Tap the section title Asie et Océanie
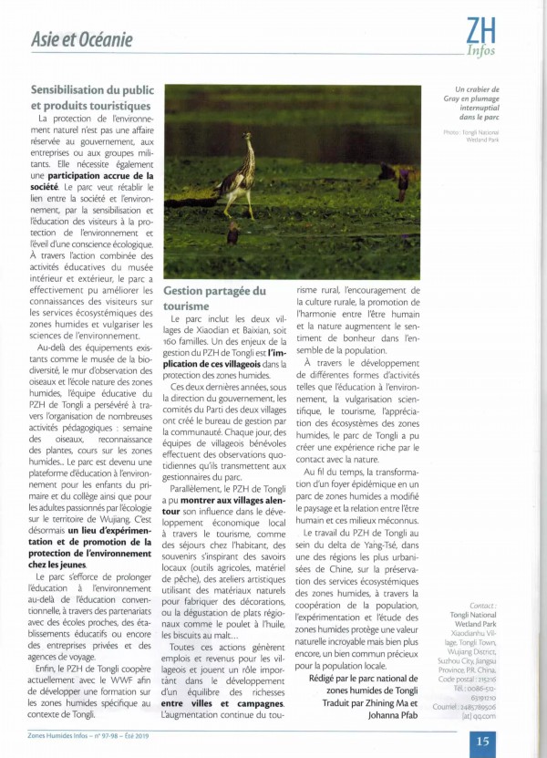82,39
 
